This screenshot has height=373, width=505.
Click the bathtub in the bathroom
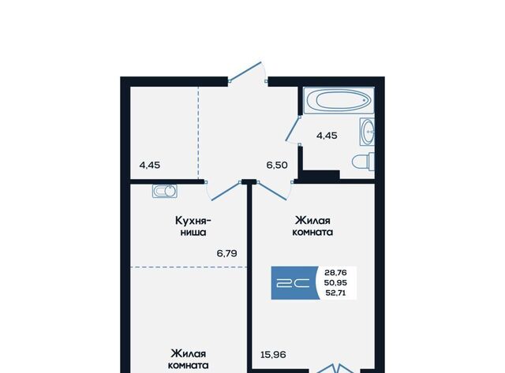click(x=339, y=100)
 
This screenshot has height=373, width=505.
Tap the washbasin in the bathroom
click(x=368, y=132)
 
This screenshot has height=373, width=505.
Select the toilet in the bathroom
click(x=364, y=162)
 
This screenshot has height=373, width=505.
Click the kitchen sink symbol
click(x=165, y=191)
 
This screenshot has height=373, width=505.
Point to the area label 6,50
click(x=277, y=165)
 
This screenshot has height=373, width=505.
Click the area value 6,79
click(x=226, y=254)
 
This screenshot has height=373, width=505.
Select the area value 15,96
click(x=273, y=355)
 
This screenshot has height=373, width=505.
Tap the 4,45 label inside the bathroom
click(x=327, y=136)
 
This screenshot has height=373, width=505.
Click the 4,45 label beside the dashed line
click(x=149, y=165)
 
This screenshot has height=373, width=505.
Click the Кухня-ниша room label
click(x=193, y=226)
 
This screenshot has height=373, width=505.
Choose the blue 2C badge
click(x=294, y=283)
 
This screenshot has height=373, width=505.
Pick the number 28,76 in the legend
click(x=335, y=273)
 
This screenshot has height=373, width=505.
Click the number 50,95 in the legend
click(x=335, y=282)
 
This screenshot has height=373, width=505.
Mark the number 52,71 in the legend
click(x=335, y=293)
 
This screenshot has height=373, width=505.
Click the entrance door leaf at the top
click(x=245, y=70)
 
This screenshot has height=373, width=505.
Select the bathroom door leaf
click(x=293, y=129)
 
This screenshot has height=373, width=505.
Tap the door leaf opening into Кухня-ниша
click(x=226, y=191)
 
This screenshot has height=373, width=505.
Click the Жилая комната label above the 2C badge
click(x=312, y=226)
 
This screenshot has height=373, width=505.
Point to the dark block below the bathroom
click(x=321, y=175)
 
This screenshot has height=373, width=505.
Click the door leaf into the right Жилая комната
click(x=272, y=191)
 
